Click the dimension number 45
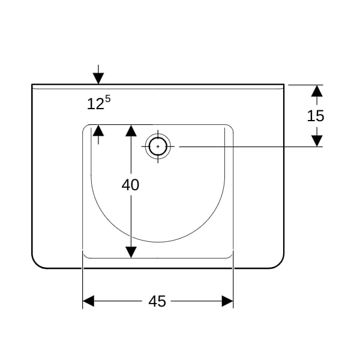[x=157, y=301]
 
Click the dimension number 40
[x=130, y=185]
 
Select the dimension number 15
[x=316, y=116]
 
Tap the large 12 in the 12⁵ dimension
[x=95, y=104]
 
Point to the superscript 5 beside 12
[x=108, y=99]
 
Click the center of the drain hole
[x=158, y=146]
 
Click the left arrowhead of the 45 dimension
[x=88, y=301]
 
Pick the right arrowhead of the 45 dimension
[x=227, y=301]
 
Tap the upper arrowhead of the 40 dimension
[x=131, y=131]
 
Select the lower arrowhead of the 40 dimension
[x=131, y=252]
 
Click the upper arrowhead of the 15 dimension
[x=317, y=91]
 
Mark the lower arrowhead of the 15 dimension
[x=317, y=141]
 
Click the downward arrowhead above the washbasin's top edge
[x=98, y=79]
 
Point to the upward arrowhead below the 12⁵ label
[x=98, y=130]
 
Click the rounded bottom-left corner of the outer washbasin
[x=36, y=263]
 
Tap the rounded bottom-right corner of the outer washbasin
[x=280, y=263]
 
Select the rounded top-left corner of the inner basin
[x=85, y=127]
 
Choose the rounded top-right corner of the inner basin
[x=231, y=127]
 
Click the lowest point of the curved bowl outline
[x=158, y=242]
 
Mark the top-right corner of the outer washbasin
[x=284, y=85]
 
